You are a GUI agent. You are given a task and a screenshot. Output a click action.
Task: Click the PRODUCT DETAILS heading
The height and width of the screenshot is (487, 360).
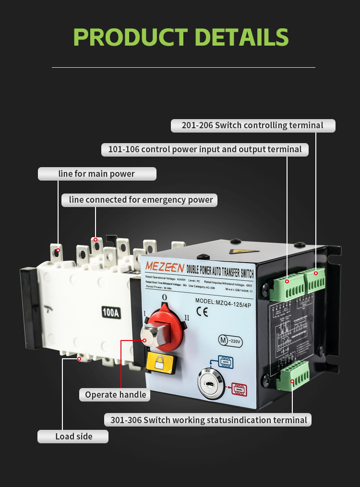(180, 37)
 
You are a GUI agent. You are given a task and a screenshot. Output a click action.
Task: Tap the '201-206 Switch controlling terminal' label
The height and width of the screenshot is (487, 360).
(252, 126)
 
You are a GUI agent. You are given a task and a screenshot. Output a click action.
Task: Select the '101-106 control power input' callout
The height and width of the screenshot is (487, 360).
(205, 149)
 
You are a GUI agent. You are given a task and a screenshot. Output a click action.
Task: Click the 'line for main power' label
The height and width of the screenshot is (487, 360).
(97, 174)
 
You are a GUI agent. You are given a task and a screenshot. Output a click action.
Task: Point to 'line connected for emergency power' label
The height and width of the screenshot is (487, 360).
(140, 200)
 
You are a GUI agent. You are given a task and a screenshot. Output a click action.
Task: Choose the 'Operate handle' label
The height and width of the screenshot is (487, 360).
(115, 395)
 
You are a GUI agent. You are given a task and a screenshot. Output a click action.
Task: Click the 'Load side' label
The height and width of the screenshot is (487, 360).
(73, 436)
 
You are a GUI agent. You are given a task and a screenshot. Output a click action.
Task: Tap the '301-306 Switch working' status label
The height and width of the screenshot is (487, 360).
(208, 420)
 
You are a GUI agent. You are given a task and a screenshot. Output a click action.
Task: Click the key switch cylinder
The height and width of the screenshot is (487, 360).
(210, 384)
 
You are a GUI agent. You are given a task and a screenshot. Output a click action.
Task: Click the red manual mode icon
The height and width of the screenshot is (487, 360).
(239, 389)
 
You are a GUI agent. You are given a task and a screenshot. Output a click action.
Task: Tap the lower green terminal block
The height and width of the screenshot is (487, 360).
(293, 375)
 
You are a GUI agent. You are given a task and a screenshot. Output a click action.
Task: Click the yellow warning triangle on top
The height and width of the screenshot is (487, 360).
(237, 251)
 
